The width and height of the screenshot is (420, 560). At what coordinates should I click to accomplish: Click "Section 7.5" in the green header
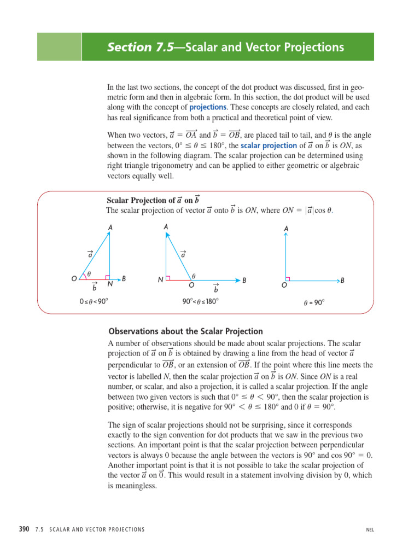[x=139, y=47]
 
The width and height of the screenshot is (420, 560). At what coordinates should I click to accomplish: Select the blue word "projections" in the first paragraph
[x=208, y=107]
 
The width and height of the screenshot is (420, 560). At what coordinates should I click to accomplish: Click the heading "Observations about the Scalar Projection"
[x=185, y=331]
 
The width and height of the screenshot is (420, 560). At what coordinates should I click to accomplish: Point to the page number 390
[x=24, y=529]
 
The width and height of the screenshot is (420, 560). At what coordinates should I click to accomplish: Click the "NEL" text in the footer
[x=370, y=529]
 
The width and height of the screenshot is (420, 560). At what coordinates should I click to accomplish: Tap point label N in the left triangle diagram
[x=110, y=284]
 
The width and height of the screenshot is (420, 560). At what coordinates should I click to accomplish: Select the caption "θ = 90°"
[x=314, y=302]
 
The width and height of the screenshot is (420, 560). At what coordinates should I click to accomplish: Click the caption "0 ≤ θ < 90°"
[x=98, y=301]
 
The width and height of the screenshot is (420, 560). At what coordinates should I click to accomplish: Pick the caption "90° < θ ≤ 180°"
[x=200, y=301]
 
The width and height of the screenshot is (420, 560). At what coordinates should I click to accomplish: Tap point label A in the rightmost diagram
[x=286, y=228]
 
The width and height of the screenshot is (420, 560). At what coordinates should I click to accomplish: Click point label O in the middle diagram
[x=191, y=285]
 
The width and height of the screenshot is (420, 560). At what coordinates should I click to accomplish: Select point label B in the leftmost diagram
[x=124, y=278]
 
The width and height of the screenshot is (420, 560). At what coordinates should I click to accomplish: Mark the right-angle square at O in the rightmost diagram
[x=287, y=278]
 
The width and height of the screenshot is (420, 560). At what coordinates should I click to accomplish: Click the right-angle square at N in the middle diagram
[x=168, y=278]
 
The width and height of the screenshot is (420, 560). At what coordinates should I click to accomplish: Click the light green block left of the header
[x=59, y=46]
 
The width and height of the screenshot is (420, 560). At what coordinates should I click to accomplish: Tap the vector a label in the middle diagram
[x=183, y=254]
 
